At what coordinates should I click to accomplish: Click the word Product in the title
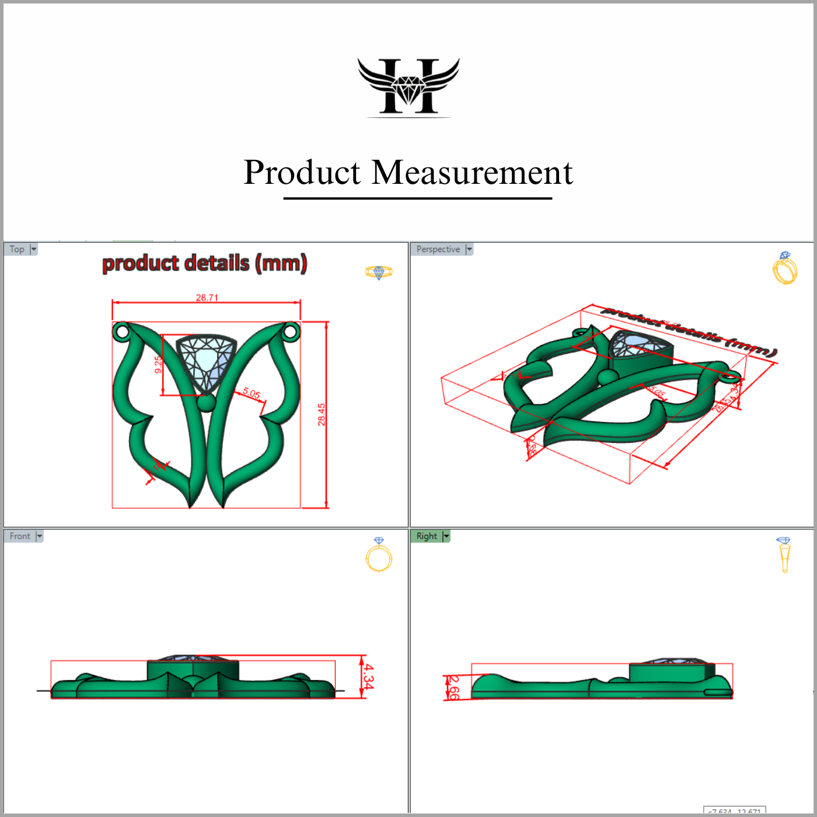click(302, 173)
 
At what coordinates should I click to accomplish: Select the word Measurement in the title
click(472, 173)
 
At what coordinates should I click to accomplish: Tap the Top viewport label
click(17, 249)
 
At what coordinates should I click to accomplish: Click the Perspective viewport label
click(438, 249)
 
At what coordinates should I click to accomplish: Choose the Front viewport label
click(20, 536)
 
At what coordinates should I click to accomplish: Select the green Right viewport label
click(427, 536)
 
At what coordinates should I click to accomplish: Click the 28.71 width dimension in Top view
click(207, 298)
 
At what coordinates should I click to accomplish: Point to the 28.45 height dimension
click(322, 414)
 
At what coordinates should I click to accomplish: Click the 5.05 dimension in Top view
click(252, 393)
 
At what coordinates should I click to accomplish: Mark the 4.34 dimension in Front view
click(368, 677)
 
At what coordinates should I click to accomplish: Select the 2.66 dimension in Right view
click(453, 687)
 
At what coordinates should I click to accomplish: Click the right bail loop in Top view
click(290, 332)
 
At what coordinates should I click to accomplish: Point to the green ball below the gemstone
click(206, 403)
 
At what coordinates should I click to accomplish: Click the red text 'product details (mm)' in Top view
click(205, 263)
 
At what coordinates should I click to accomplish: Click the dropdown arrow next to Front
click(40, 536)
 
